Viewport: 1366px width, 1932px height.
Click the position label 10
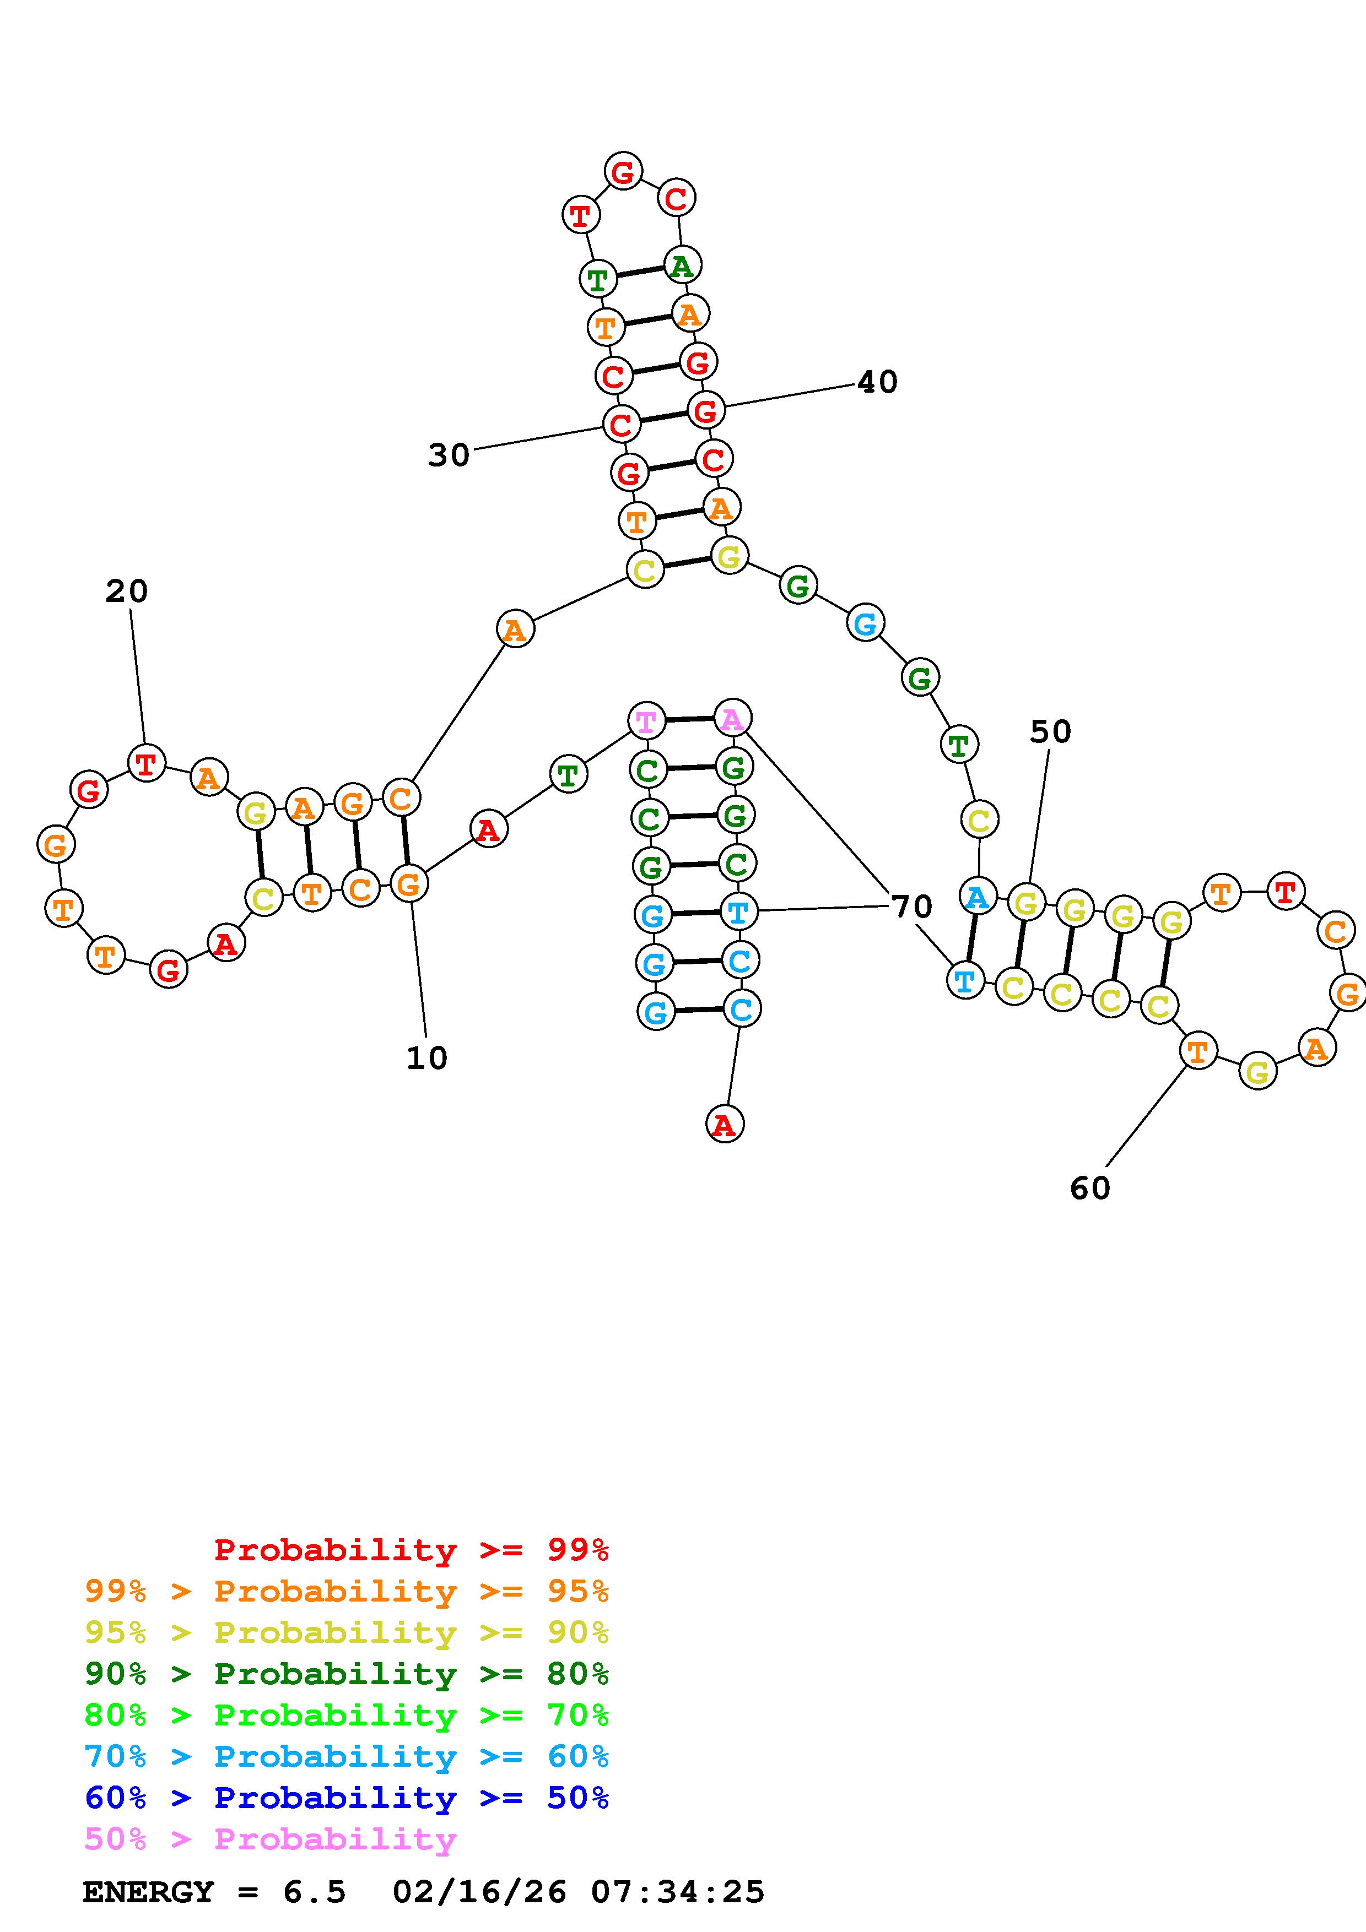426,1059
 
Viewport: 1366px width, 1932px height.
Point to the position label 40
877,382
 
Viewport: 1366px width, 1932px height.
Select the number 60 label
1090,1188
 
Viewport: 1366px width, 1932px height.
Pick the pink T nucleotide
646,721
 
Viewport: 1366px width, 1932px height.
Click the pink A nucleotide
732,719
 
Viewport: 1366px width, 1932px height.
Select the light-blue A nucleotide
977,897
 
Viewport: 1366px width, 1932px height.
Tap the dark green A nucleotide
681,266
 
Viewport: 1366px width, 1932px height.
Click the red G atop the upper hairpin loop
623,172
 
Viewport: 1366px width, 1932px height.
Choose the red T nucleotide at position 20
145,764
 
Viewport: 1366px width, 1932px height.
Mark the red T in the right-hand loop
1285,891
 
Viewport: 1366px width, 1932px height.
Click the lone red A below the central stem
725,1124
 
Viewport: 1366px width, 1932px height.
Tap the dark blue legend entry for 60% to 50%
347,1798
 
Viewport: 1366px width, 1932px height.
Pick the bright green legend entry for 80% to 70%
347,1715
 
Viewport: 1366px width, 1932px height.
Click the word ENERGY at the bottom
148,1892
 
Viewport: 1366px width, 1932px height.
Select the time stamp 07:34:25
678,1892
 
